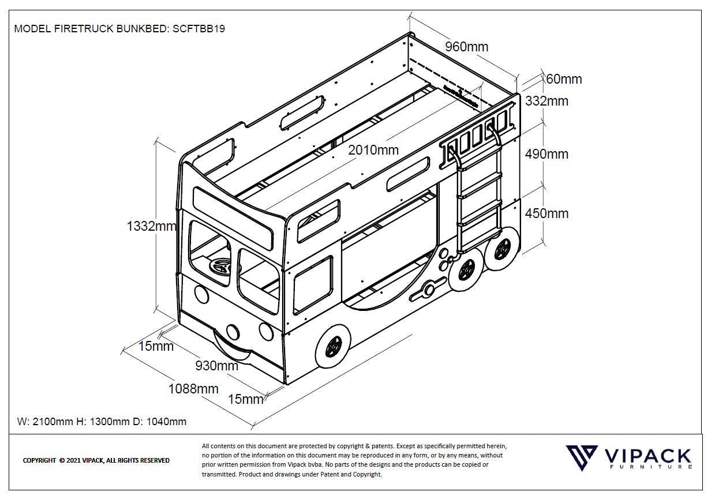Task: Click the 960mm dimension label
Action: pos(466,47)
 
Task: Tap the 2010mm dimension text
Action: pos(373,150)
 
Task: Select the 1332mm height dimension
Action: pos(151,226)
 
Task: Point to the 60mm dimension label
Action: pos(564,79)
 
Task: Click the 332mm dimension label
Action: pos(546,101)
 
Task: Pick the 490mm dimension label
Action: pos(546,154)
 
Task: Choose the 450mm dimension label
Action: pos(546,213)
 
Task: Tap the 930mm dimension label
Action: pos(216,366)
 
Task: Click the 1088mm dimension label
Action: pos(193,389)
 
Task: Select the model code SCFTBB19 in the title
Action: pos(199,29)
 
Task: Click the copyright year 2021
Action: pos(73,460)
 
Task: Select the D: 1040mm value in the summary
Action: pos(160,422)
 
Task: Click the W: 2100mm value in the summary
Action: pos(46,422)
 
